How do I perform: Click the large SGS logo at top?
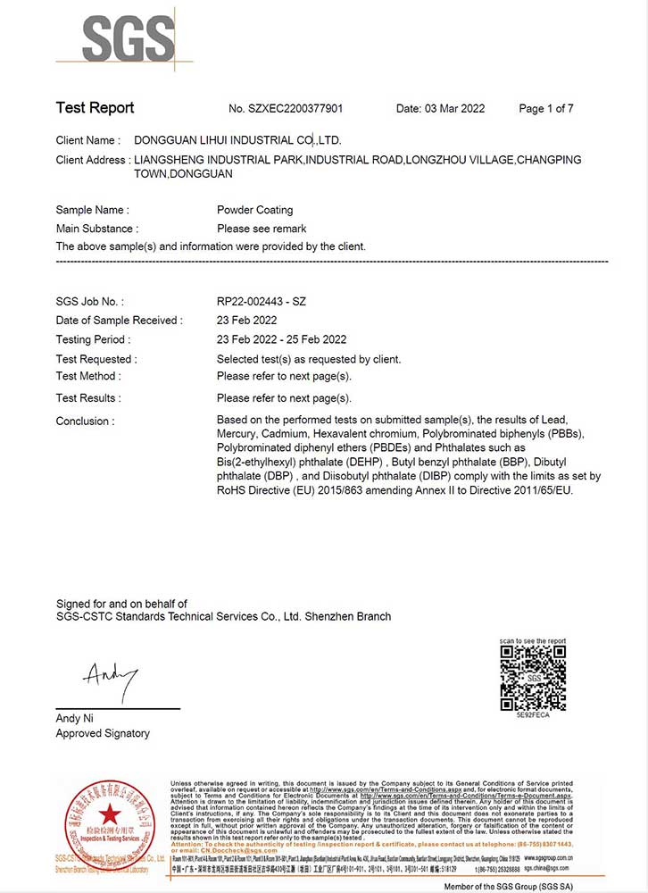click(128, 39)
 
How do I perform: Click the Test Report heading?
click(95, 108)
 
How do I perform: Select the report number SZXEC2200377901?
click(286, 109)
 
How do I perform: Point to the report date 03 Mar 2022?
click(440, 109)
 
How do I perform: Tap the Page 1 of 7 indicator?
click(545, 109)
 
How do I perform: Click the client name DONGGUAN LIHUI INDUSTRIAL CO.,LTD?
click(237, 140)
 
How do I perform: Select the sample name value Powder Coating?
click(254, 210)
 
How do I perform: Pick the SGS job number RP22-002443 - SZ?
click(262, 302)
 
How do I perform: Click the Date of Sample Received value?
click(246, 321)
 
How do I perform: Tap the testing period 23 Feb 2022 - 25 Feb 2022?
click(281, 339)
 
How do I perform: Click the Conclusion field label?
click(85, 421)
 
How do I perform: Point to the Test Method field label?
click(87, 376)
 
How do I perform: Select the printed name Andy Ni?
click(74, 718)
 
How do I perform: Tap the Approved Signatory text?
click(103, 733)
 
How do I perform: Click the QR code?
click(532, 678)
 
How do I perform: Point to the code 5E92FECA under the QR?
click(532, 716)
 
